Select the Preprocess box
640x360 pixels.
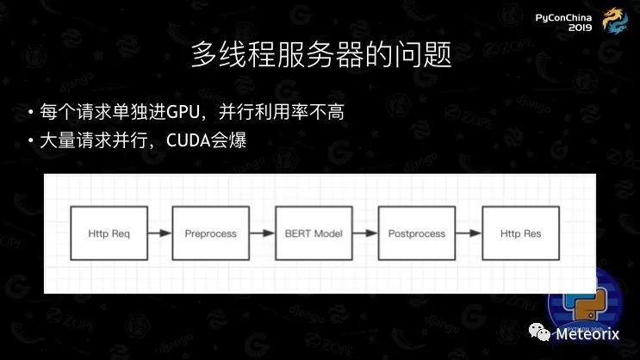tap(210, 233)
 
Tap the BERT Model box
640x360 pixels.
tap(314, 233)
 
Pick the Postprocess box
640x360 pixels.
tap(417, 233)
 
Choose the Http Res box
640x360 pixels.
tap(520, 233)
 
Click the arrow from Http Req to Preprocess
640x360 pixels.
tap(159, 233)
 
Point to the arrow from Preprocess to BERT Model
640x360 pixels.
tap(262, 233)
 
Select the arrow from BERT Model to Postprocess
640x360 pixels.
tap(365, 233)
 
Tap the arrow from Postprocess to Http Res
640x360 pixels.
tap(469, 233)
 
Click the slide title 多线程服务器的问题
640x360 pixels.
tap(320, 59)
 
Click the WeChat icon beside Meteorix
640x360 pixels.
tap(539, 333)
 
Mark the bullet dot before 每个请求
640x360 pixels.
tap(31, 114)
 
